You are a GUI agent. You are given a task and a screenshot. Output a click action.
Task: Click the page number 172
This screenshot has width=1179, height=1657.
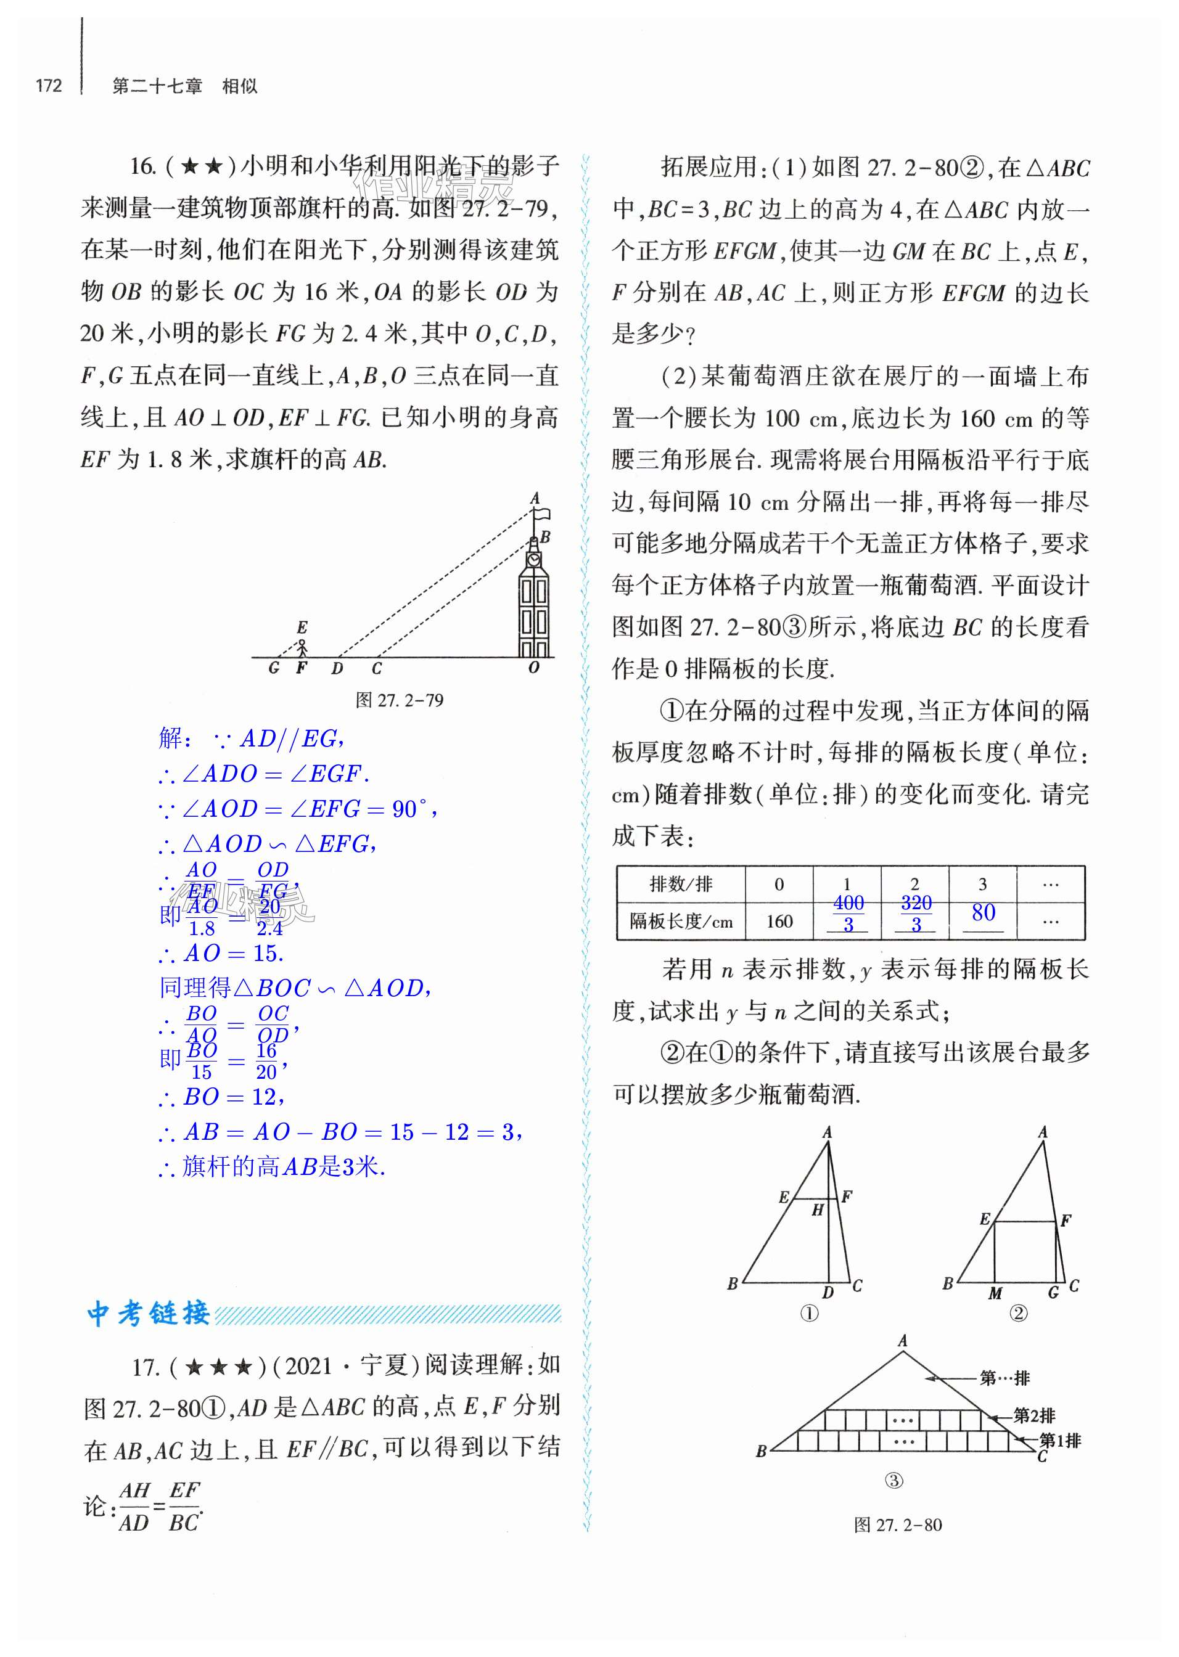coord(49,86)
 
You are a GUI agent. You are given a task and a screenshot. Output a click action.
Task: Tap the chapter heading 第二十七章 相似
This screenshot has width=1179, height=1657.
coord(184,86)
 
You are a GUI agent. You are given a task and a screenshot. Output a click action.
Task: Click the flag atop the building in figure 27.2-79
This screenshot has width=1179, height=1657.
coord(541,515)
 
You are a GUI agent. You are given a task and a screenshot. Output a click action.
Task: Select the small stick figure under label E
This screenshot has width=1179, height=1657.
coord(302,646)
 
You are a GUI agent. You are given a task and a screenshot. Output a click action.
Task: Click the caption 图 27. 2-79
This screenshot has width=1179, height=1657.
coord(400,700)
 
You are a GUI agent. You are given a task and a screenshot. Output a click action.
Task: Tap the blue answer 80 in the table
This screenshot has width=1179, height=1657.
coord(983,912)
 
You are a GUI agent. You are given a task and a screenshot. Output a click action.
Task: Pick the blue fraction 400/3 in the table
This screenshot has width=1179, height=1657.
coord(848,913)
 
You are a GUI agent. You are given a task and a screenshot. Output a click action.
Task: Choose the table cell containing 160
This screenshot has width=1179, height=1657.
coord(779,921)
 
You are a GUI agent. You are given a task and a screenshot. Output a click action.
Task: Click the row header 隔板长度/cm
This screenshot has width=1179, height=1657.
coord(680,921)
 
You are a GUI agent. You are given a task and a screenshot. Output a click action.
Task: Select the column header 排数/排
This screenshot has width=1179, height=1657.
coord(680,884)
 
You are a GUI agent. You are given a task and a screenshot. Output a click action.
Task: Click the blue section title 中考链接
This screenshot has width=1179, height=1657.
coord(149,1314)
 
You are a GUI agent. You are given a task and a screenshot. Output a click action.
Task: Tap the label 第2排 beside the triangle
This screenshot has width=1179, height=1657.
coord(1034,1415)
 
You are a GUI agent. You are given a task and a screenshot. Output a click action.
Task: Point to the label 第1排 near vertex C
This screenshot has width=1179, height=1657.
coord(1060,1441)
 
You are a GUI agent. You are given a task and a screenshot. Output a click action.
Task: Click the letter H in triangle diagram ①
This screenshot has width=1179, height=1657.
coord(818,1210)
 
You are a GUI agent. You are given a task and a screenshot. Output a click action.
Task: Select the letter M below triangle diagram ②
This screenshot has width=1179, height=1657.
coord(995,1293)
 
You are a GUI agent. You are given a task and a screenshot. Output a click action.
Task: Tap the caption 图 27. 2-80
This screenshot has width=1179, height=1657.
coord(897,1525)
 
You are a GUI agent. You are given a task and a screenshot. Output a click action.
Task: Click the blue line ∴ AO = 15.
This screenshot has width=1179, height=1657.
coord(221,954)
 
